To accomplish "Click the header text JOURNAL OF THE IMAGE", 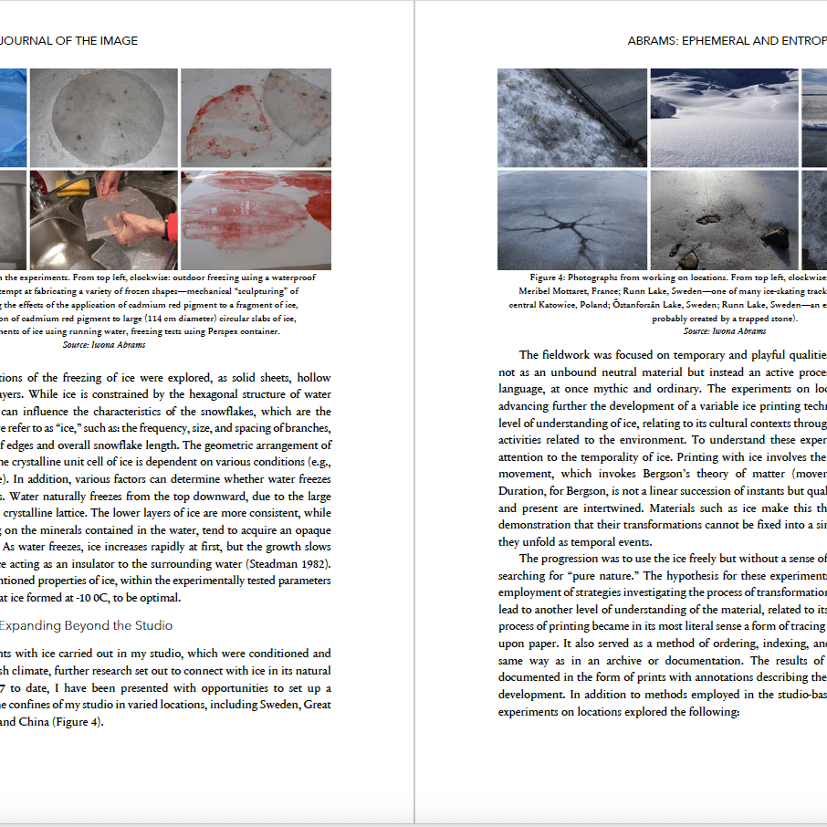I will tap(68, 40).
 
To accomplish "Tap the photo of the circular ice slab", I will tap(103, 116).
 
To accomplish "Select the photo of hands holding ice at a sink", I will tap(103, 219).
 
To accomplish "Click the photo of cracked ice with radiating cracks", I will tap(571, 220).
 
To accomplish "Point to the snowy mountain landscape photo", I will tap(724, 116).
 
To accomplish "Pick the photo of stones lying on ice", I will tap(724, 220).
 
